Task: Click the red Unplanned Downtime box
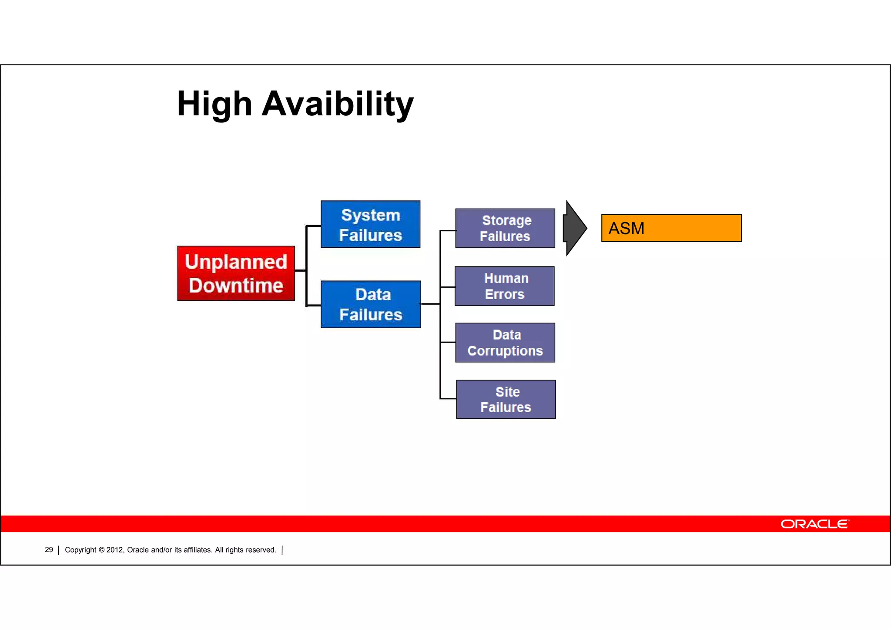click(236, 273)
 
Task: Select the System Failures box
click(370, 224)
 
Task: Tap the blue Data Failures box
click(371, 304)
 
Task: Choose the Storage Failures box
click(505, 228)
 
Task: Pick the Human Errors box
click(505, 286)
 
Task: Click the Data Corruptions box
click(505, 343)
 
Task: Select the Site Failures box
click(506, 399)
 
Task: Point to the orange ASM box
click(671, 228)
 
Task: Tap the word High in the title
click(214, 104)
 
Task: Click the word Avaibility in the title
click(338, 104)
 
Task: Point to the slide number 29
click(49, 550)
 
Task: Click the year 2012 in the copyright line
click(115, 550)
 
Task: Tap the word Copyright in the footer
click(80, 550)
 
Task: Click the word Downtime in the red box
click(236, 286)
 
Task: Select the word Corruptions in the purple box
click(505, 351)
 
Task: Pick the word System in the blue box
click(371, 215)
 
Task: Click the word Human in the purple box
click(506, 278)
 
